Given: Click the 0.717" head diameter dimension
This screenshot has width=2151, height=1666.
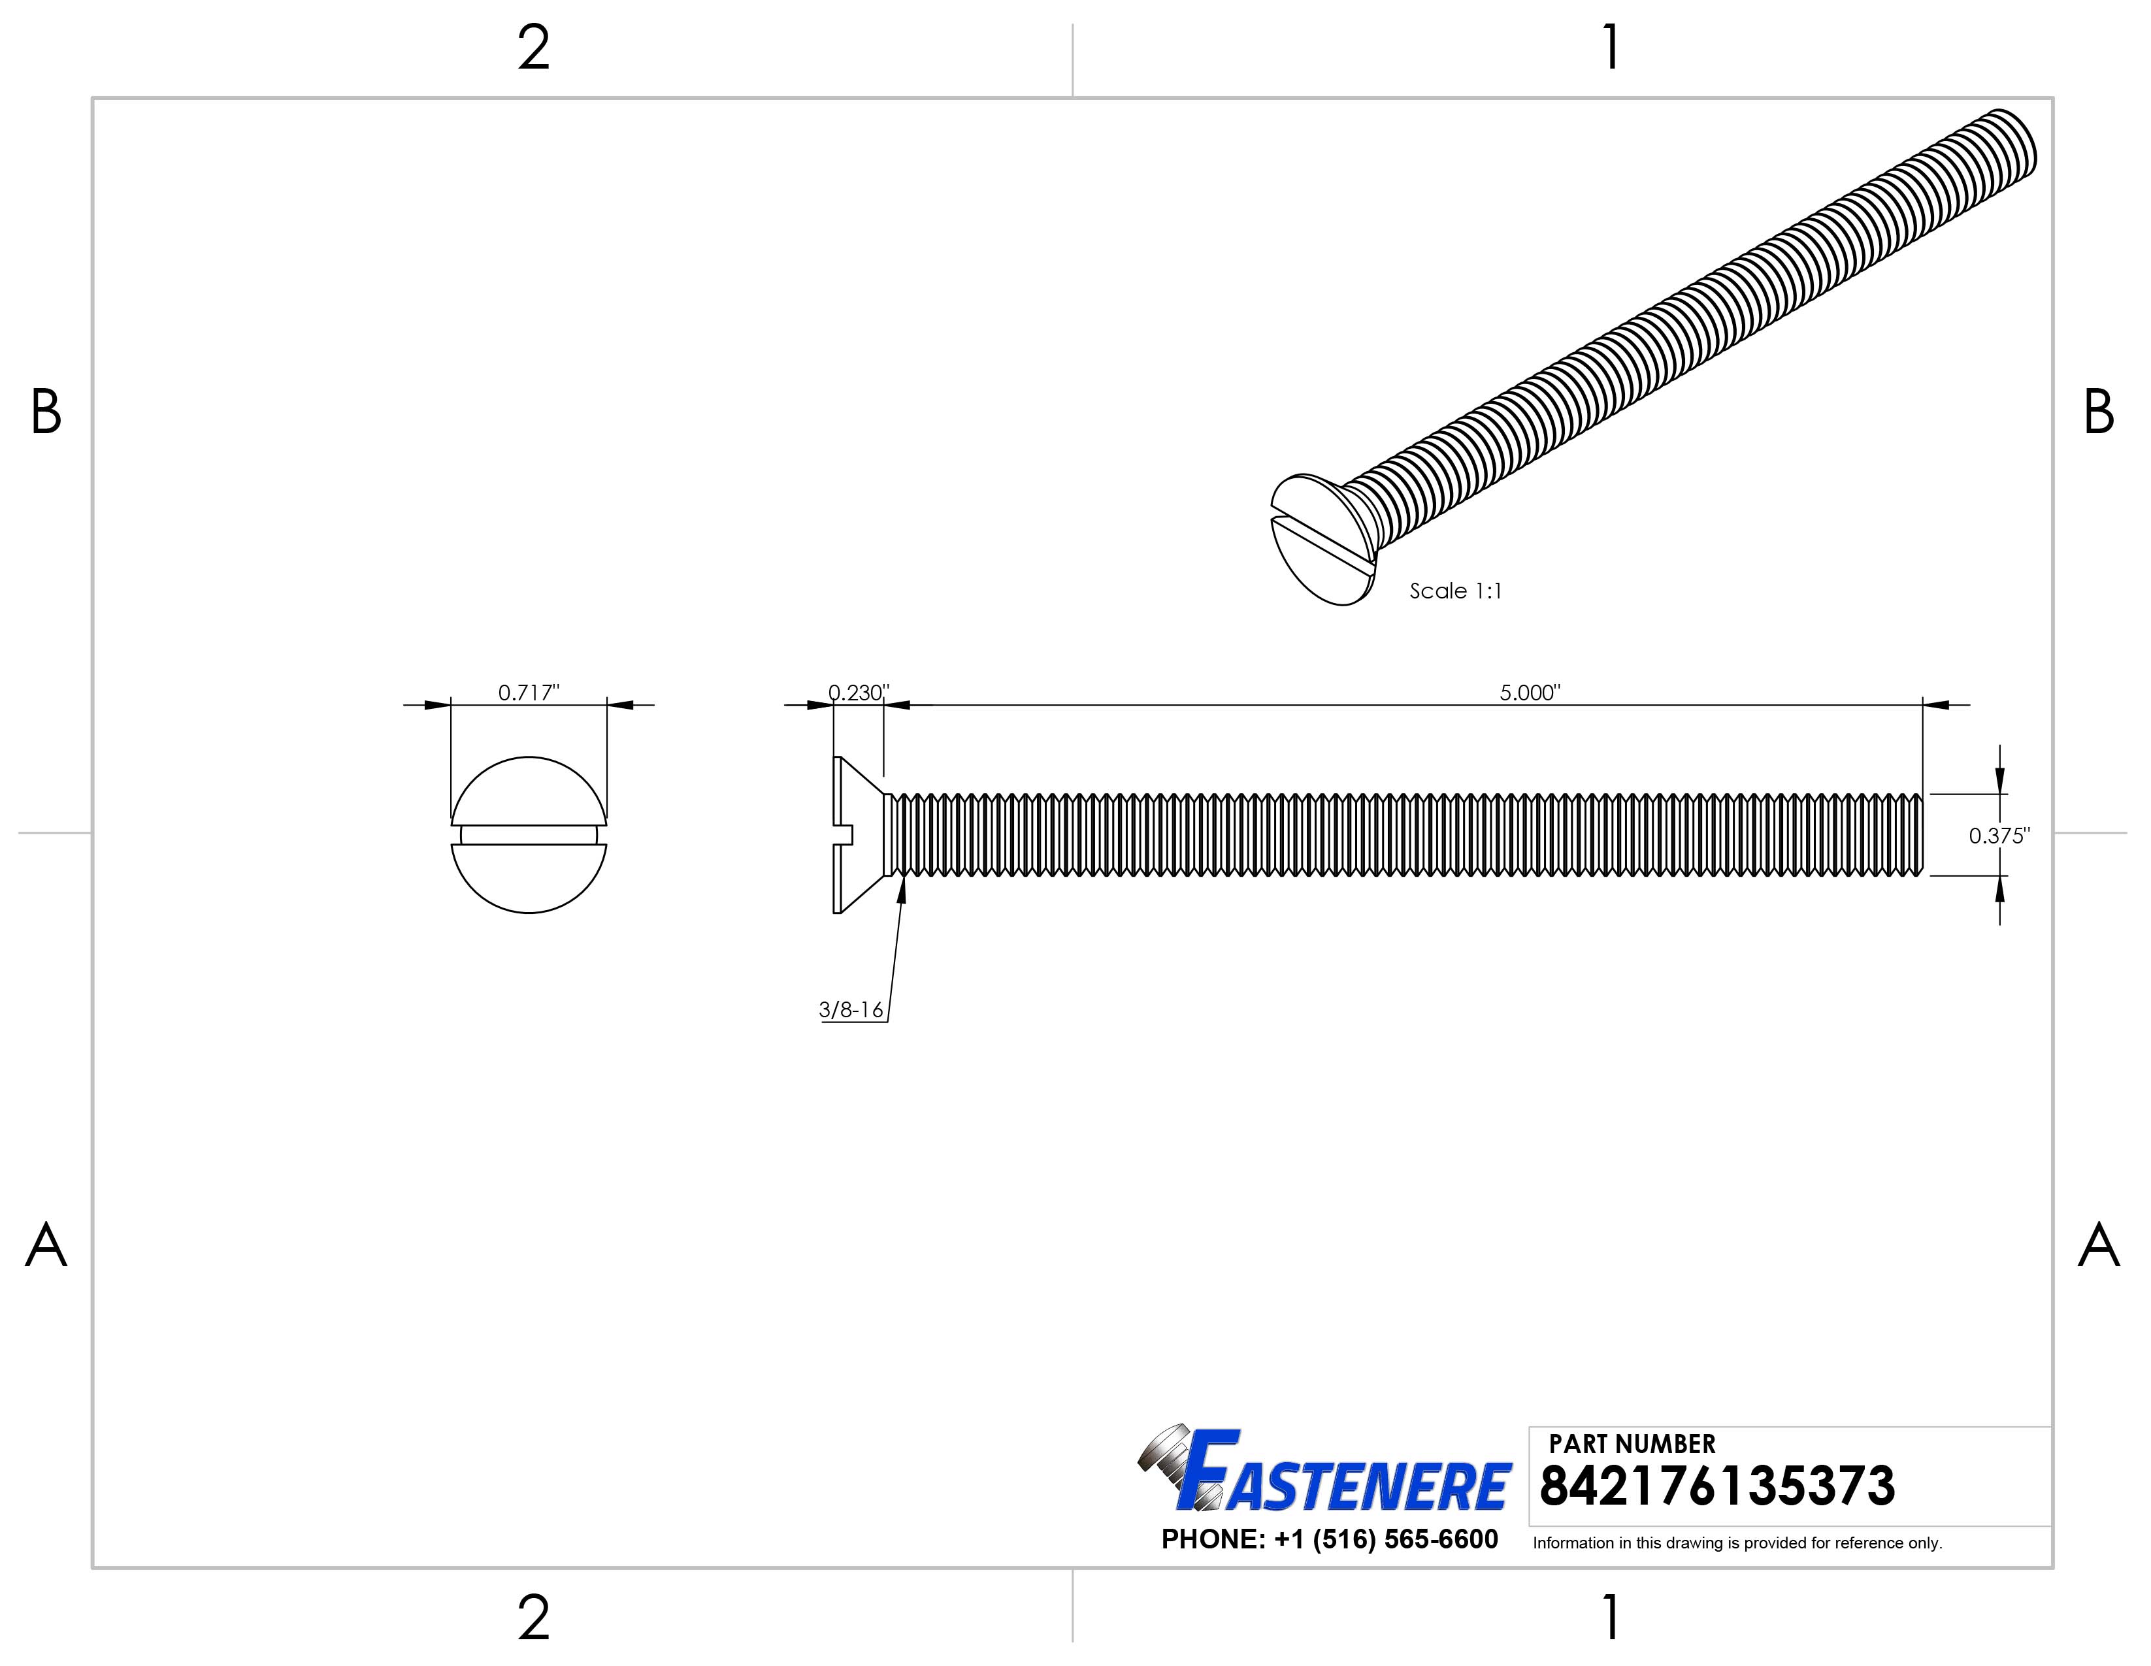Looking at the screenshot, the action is [x=528, y=692].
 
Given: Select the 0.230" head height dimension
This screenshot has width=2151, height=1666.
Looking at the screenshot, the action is [x=858, y=692].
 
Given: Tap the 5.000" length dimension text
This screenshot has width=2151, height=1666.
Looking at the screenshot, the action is [x=1530, y=692].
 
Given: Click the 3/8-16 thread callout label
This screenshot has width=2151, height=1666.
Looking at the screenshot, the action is [x=851, y=1010].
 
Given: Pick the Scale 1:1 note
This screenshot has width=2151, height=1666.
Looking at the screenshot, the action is [x=1456, y=591].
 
